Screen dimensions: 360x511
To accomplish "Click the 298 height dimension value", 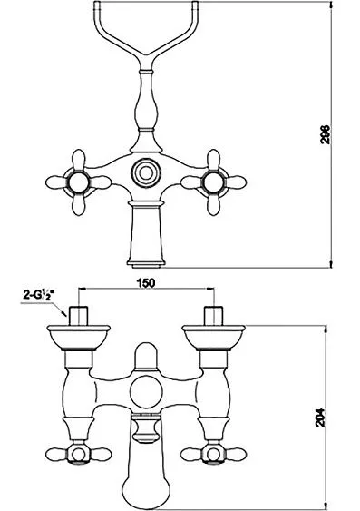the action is pos(326,134).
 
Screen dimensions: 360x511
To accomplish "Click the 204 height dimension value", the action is pos(321,418).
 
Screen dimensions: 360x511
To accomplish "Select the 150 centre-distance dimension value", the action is pos(145,283).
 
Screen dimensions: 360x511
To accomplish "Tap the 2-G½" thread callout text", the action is pos(38,295).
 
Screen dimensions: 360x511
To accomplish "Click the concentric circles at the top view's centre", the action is pos(145,172).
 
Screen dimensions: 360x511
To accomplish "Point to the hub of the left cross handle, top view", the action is pos(79,182).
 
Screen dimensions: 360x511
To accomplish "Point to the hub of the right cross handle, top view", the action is pos(213,182).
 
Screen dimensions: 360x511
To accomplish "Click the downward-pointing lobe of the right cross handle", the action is pos(213,204).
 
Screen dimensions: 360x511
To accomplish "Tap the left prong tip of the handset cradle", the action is pos(97,4).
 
